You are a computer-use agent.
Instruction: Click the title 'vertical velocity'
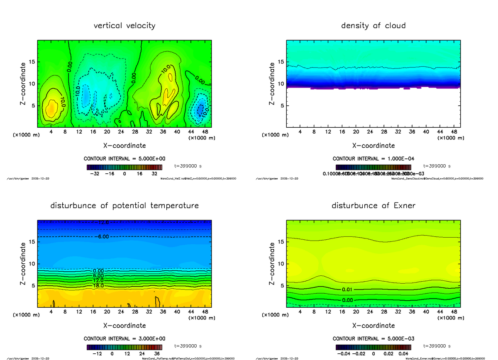click(124, 26)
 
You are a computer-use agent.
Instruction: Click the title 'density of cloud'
click(373, 26)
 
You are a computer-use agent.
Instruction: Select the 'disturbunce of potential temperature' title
click(124, 206)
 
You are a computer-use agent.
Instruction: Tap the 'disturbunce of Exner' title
click(373, 206)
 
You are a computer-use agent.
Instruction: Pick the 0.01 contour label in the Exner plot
click(348, 289)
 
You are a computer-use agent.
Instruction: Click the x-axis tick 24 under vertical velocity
click(121, 132)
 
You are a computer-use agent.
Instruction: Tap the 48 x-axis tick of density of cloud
click(454, 132)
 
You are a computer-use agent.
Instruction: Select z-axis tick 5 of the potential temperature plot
click(34, 286)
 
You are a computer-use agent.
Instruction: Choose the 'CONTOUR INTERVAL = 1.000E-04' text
click(373, 159)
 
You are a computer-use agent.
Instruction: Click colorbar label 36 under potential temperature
click(158, 354)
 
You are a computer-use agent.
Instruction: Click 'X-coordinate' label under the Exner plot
click(373, 326)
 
